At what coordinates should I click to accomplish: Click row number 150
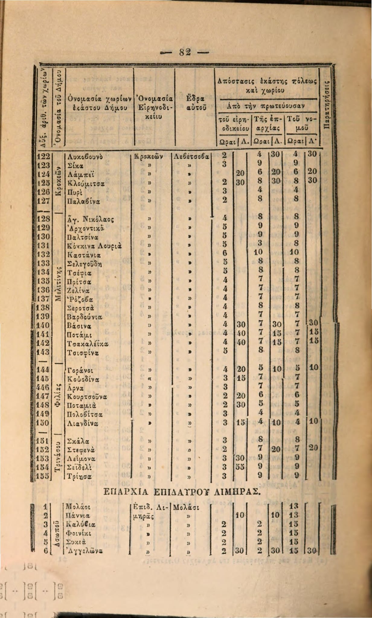[43, 422]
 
